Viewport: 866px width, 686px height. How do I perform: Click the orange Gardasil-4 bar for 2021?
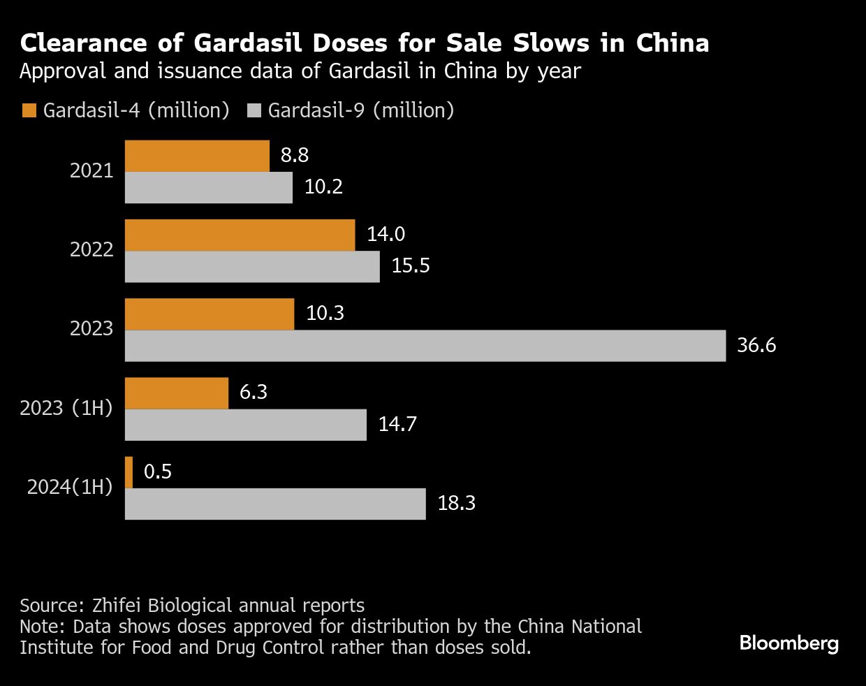[197, 156]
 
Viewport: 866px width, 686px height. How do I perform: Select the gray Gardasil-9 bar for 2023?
[425, 346]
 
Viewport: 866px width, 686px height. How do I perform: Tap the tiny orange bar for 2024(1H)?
[129, 472]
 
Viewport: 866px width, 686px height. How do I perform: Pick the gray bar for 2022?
[252, 267]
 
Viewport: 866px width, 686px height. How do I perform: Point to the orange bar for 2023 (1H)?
[177, 393]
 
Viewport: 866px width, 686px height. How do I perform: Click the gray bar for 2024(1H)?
[275, 504]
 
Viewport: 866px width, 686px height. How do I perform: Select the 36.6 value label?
[756, 345]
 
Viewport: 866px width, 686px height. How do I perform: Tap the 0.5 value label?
[157, 472]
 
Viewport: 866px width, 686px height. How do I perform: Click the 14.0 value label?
[386, 233]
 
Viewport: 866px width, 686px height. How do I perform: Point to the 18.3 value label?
[456, 503]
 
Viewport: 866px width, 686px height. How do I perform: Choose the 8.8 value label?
[294, 154]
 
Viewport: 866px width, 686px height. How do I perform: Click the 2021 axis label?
[91, 170]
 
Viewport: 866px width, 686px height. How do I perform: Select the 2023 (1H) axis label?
[66, 408]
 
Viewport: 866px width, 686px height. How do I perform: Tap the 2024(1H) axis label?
[70, 487]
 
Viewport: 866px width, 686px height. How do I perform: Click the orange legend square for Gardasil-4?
[29, 110]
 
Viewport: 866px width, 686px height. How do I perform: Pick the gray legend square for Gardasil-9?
[254, 110]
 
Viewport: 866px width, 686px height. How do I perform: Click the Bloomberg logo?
[788, 643]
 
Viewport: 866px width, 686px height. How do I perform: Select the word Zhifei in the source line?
[117, 605]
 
